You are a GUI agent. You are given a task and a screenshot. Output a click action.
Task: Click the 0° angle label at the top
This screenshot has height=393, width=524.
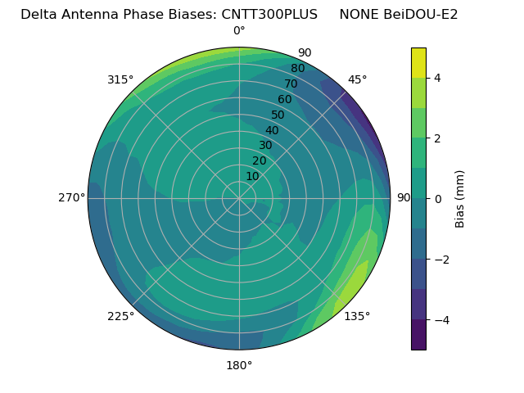[x=239, y=31]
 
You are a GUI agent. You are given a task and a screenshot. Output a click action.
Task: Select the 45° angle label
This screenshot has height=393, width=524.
[x=357, y=79]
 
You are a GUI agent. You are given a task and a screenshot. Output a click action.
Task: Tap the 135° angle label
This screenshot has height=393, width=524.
[x=357, y=316]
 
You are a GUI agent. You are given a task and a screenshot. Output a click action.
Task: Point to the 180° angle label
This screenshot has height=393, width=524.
[x=239, y=365]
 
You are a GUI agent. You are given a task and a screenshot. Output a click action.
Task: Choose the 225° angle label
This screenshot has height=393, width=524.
[x=120, y=316]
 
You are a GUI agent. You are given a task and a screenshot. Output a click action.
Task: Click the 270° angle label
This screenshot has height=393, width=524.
[x=71, y=198]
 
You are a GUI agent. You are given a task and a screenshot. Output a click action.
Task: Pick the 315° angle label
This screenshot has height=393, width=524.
[x=120, y=79]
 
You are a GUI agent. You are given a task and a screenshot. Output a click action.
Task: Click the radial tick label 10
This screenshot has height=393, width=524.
[x=252, y=176]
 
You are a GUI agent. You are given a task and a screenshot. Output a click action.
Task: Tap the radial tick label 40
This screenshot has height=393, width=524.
[x=272, y=131]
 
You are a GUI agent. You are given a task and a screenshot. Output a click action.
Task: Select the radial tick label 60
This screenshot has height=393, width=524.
[x=284, y=100]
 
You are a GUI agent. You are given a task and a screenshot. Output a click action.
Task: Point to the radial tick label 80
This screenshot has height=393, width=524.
[x=297, y=69]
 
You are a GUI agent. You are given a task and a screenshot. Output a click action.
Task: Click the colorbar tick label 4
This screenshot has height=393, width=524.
[x=438, y=78]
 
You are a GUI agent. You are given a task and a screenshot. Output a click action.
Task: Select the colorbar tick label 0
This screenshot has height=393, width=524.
[x=438, y=199]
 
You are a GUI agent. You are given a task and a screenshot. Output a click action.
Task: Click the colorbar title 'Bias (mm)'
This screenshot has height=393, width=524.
[x=460, y=199]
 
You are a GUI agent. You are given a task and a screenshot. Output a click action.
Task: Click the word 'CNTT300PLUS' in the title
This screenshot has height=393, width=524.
[x=269, y=14]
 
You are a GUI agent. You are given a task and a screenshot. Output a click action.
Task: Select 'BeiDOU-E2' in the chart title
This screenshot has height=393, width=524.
[x=421, y=14]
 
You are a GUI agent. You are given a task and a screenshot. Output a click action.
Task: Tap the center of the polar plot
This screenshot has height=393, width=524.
[x=239, y=198]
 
